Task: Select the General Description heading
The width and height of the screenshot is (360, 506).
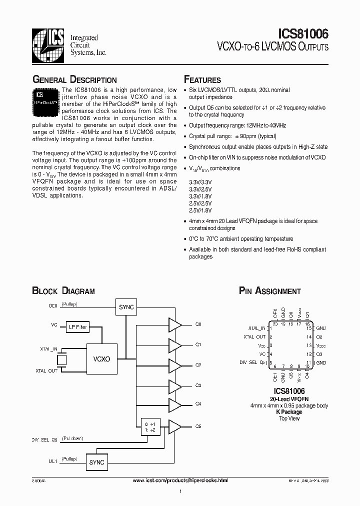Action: (x=74, y=80)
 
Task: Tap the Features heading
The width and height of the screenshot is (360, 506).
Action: (x=202, y=80)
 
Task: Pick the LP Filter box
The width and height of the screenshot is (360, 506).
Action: (x=78, y=327)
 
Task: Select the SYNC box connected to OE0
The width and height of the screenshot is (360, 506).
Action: (x=126, y=307)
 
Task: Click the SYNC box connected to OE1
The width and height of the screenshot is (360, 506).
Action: (x=96, y=462)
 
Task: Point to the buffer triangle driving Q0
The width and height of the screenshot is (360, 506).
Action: (x=175, y=324)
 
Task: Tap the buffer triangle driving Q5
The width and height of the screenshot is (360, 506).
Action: (x=175, y=426)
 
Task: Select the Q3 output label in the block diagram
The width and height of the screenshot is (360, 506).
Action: (x=198, y=385)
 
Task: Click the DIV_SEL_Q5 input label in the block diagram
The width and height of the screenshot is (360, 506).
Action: (x=44, y=440)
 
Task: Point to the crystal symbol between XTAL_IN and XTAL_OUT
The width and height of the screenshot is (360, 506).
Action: (x=61, y=359)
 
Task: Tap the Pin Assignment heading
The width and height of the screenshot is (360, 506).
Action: (x=270, y=291)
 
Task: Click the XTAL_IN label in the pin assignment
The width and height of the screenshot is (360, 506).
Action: (x=256, y=328)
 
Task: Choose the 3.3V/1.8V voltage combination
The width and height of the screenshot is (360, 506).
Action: (x=200, y=197)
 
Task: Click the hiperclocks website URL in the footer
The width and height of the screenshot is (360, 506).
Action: (x=180, y=480)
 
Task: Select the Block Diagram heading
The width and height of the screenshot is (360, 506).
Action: (x=63, y=291)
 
